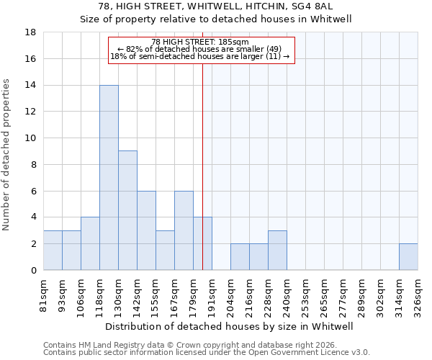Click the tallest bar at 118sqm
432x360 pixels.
(109, 178)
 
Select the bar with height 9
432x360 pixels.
(127, 210)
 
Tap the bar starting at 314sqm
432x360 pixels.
(408, 257)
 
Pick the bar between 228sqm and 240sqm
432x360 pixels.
(277, 251)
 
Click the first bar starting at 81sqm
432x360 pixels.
(53, 251)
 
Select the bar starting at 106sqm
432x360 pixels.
(90, 243)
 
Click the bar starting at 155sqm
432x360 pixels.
(165, 251)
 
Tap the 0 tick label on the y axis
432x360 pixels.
(34, 271)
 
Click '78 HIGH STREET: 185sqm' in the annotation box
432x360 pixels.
(201, 42)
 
